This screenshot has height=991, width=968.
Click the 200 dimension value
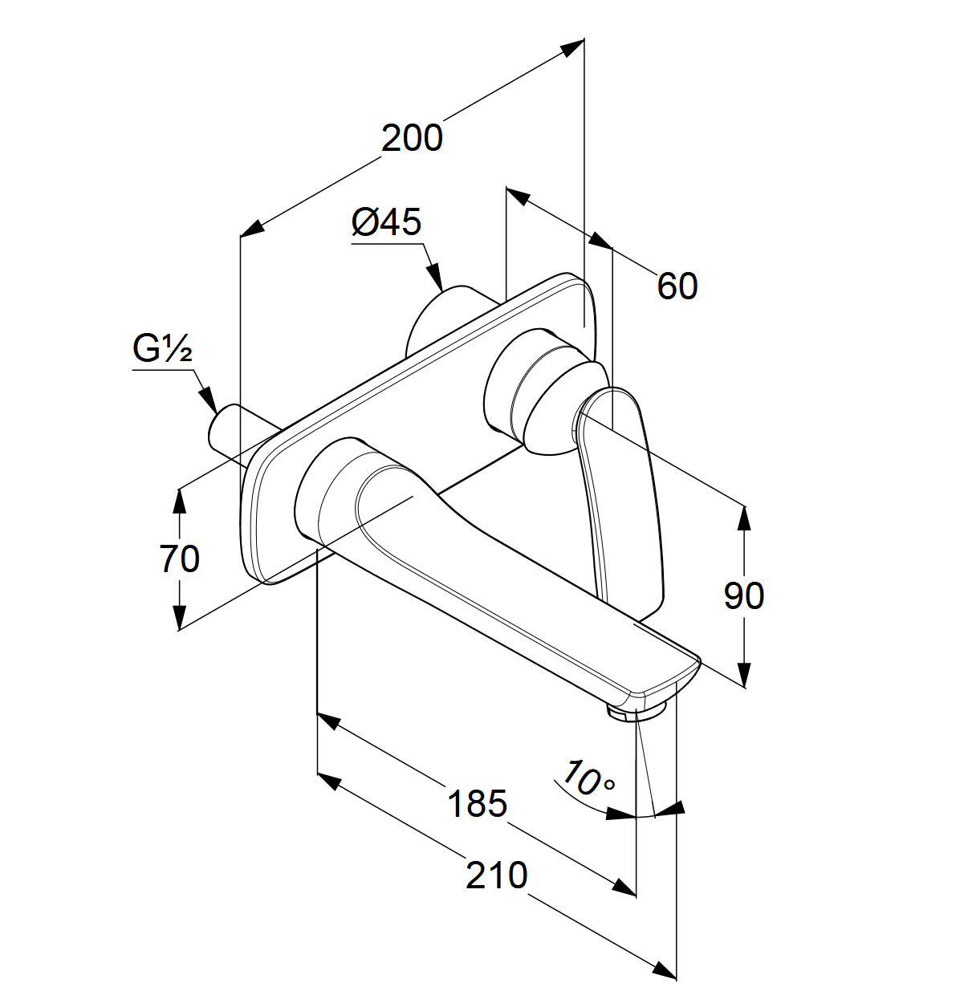click(412, 138)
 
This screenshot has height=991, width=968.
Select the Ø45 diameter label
click(386, 222)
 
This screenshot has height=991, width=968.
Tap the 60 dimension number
click(677, 286)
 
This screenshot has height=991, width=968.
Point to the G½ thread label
click(162, 349)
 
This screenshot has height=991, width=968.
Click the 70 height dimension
click(179, 558)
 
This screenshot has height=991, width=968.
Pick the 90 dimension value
click(743, 595)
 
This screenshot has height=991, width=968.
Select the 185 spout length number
click(477, 803)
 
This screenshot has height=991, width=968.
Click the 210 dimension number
click(496, 875)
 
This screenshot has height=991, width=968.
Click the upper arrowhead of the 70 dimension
click(180, 501)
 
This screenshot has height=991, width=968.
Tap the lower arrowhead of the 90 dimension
click(744, 674)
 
